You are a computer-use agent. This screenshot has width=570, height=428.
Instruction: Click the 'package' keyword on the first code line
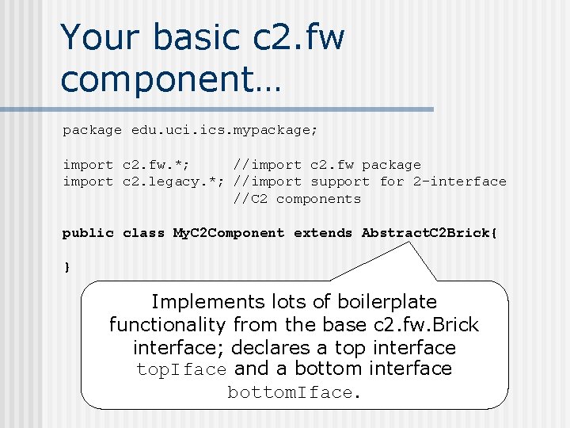coord(92,130)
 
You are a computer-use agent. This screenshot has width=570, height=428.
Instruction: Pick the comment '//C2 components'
coord(297,199)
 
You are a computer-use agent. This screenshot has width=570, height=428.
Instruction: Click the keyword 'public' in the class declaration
coord(88,233)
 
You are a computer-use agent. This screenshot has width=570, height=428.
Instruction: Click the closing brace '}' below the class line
coord(66,267)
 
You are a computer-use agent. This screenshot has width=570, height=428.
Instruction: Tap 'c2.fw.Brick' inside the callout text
coord(425,325)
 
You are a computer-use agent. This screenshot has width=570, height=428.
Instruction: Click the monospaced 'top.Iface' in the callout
coord(182,369)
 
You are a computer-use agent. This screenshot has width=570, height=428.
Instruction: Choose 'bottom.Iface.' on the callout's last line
coord(294,392)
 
